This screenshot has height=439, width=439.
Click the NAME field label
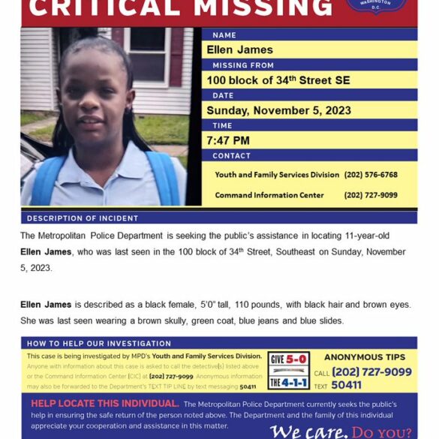pyautogui.click(x=224, y=35)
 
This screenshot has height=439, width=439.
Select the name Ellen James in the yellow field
pyautogui.click(x=240, y=50)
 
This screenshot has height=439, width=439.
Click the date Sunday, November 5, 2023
pyautogui.click(x=279, y=110)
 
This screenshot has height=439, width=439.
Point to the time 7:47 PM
pyautogui.click(x=229, y=140)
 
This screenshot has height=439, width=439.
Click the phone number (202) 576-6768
pyautogui.click(x=371, y=175)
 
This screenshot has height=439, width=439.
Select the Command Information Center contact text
pyautogui.click(x=269, y=195)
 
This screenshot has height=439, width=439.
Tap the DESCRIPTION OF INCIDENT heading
pyautogui.click(x=83, y=218)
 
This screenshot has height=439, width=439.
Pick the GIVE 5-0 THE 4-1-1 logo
pyautogui.click(x=289, y=370)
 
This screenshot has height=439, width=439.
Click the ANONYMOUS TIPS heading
pyautogui.click(x=364, y=357)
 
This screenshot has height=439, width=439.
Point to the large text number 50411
pyautogui.click(x=346, y=385)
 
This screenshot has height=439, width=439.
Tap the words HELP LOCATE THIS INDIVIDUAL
pyautogui.click(x=104, y=404)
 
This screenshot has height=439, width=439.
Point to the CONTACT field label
pyautogui.click(x=231, y=155)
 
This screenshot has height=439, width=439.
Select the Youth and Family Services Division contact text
pyautogui.click(x=277, y=175)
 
